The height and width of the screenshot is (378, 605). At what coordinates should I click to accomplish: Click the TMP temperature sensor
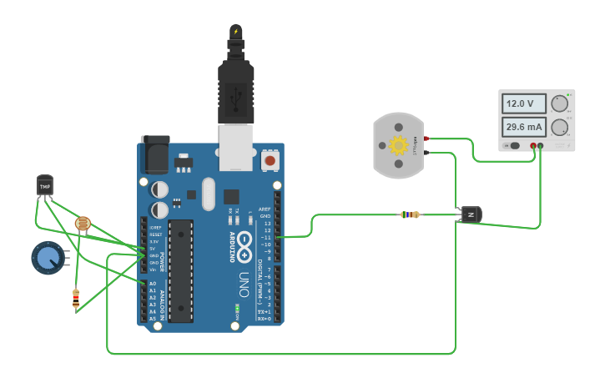click(x=45, y=185)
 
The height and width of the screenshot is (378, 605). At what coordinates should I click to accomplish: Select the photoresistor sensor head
click(x=82, y=223)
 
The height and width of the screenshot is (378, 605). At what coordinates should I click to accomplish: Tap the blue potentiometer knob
click(x=47, y=258)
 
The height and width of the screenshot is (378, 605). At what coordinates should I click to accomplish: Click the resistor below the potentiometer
click(x=76, y=298)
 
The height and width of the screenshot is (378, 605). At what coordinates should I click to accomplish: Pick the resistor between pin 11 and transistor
click(x=410, y=214)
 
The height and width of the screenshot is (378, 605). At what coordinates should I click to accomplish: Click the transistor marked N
click(x=471, y=214)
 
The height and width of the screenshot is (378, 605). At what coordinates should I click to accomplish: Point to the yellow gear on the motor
click(x=398, y=146)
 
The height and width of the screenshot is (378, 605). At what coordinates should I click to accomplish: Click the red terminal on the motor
click(x=426, y=139)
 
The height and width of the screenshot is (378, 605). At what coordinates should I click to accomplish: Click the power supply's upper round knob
click(x=559, y=104)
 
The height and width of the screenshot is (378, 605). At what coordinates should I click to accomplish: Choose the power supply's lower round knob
click(x=559, y=128)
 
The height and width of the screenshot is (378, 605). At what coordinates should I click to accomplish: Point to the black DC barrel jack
click(x=154, y=154)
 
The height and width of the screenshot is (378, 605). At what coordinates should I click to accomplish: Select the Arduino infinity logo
click(x=245, y=244)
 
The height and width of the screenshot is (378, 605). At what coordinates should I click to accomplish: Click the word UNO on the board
click(x=245, y=280)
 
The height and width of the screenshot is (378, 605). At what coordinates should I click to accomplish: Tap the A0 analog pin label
click(x=152, y=284)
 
